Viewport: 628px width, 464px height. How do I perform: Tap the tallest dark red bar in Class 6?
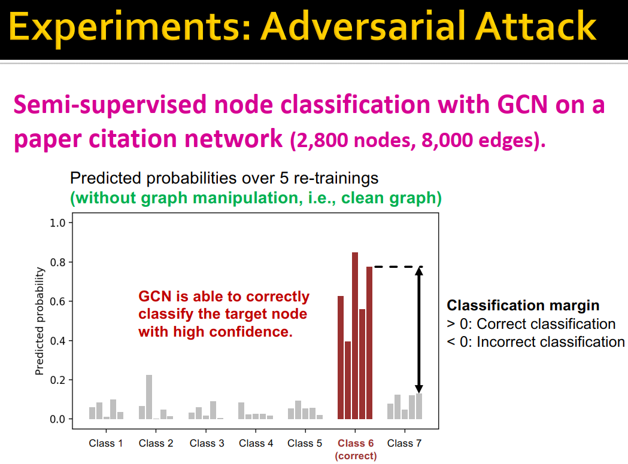(x=355, y=335)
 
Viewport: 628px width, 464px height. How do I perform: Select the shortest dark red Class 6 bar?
(x=348, y=380)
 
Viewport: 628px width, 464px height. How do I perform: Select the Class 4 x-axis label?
(x=256, y=443)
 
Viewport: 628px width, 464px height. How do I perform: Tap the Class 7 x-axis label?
(x=404, y=443)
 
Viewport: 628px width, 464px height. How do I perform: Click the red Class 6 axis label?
(x=356, y=443)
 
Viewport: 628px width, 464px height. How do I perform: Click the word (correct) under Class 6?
(x=356, y=456)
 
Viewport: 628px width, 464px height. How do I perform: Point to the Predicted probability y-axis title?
(x=40, y=321)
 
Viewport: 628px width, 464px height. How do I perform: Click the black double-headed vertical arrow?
(x=419, y=329)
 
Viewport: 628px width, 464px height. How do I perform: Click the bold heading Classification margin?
(x=523, y=306)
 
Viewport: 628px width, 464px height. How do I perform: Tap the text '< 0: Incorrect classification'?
(x=535, y=342)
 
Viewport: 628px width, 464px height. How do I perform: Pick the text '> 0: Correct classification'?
(x=531, y=324)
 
